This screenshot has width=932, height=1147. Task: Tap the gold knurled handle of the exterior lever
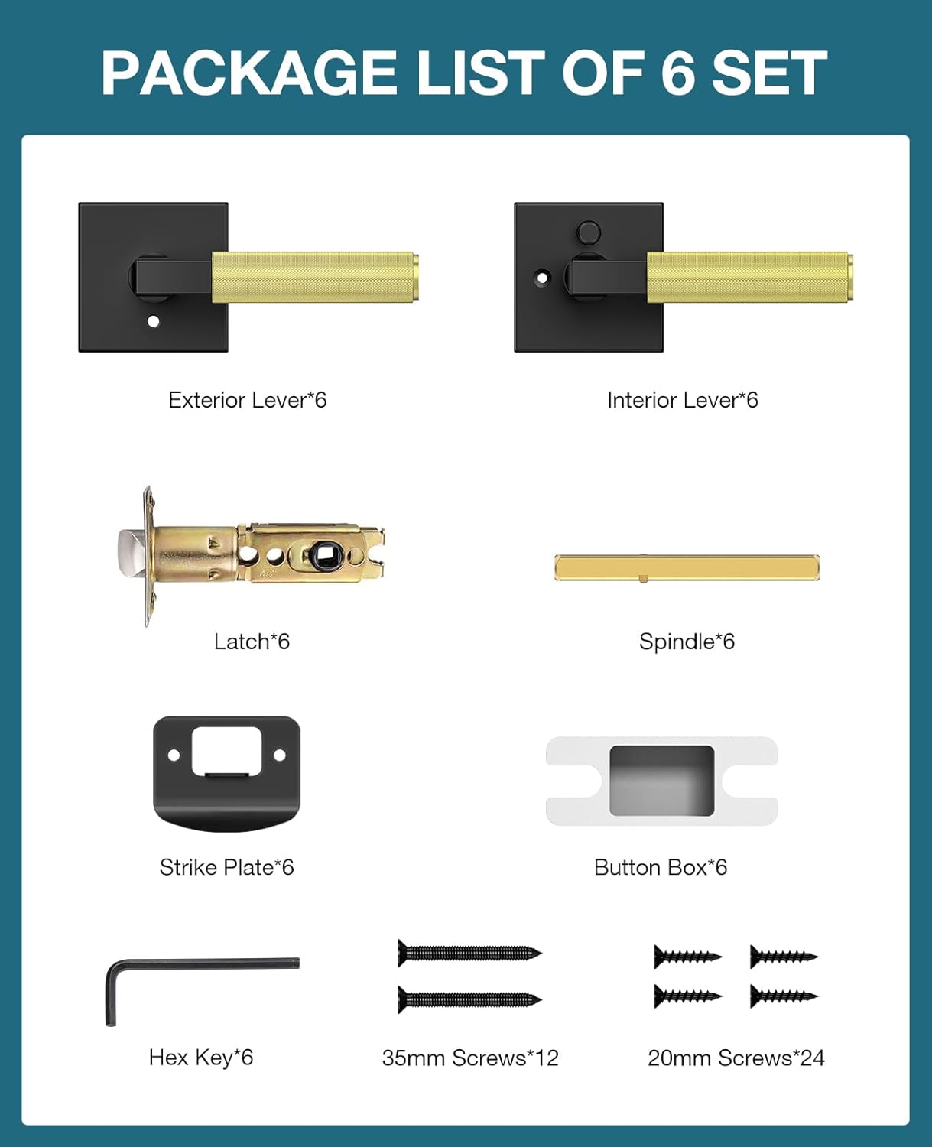coord(314,277)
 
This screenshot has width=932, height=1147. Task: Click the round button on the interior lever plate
coord(589,231)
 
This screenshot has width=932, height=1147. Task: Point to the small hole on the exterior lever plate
coord(153,321)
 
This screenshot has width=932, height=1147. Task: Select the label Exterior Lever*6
coord(247,400)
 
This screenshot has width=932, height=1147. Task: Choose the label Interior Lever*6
coord(682,400)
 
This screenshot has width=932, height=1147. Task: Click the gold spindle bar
coord(687,567)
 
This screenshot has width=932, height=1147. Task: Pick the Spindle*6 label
coord(687,642)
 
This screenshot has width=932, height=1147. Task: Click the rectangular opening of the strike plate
coord(226,750)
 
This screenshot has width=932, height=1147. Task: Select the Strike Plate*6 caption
coord(226,867)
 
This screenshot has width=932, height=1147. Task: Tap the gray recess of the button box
coord(661,780)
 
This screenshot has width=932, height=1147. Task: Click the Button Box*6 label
coord(661,867)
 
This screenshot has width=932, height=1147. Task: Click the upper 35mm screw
coord(469,953)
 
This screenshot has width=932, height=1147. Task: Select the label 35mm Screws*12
coord(470,1058)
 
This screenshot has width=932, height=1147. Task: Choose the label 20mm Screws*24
coord(736,1058)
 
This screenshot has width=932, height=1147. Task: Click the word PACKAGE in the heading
coord(248,73)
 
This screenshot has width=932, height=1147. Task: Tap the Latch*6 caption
coord(252,642)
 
